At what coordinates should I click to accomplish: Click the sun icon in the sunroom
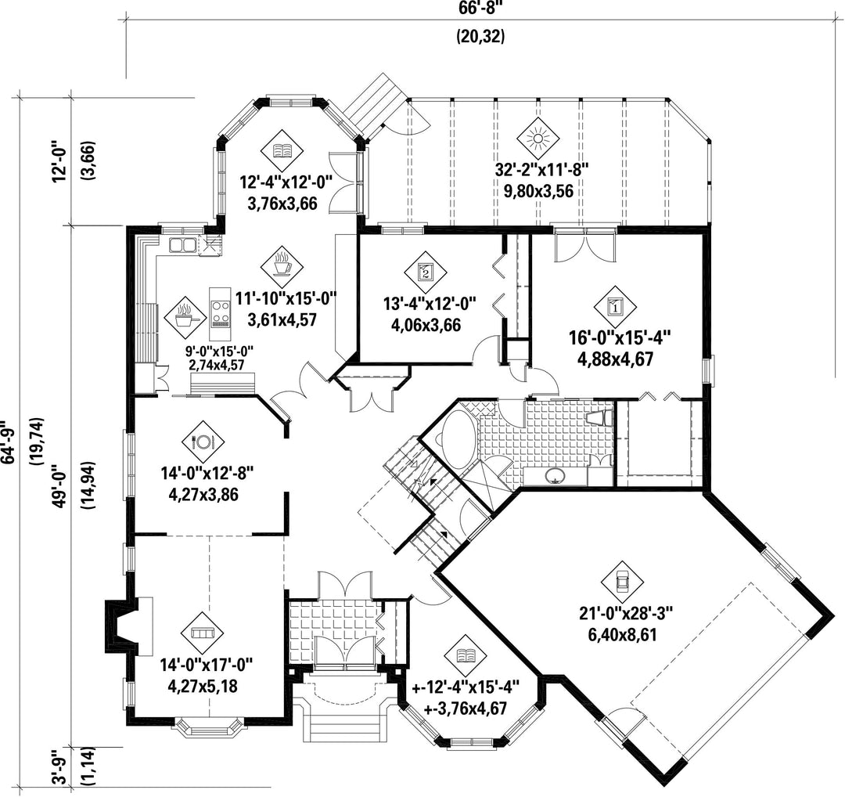coord(538,139)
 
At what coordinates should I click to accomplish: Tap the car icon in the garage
coord(622,581)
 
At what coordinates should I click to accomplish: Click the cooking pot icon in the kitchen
coord(185,316)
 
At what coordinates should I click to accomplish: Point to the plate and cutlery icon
coord(203,442)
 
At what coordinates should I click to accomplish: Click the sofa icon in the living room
coord(203,633)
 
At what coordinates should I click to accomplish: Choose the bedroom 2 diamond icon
coord(425,272)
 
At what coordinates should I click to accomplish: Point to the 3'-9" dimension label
coord(63,771)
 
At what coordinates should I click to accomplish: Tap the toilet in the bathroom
coord(600,418)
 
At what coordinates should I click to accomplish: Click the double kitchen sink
coord(182,246)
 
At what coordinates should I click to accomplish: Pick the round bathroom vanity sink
coord(554,475)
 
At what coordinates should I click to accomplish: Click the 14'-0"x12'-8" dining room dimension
coord(207,474)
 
